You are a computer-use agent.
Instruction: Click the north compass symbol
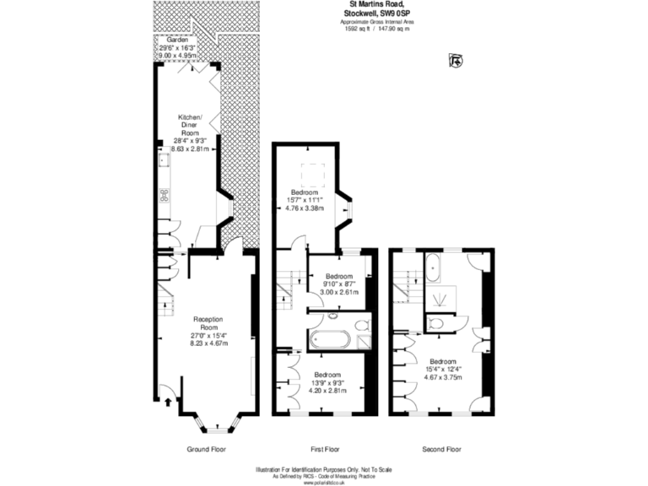click(456, 60)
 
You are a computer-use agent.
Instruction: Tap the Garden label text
click(176, 40)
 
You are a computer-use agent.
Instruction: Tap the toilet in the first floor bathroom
click(361, 324)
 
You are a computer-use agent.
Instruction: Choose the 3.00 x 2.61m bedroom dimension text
click(339, 292)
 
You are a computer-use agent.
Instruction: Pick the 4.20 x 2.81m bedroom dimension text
click(327, 391)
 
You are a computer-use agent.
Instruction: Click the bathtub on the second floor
click(434, 267)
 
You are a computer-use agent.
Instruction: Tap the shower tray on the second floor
click(440, 299)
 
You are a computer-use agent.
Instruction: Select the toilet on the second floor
click(435, 322)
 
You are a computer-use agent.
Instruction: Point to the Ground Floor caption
click(207, 449)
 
